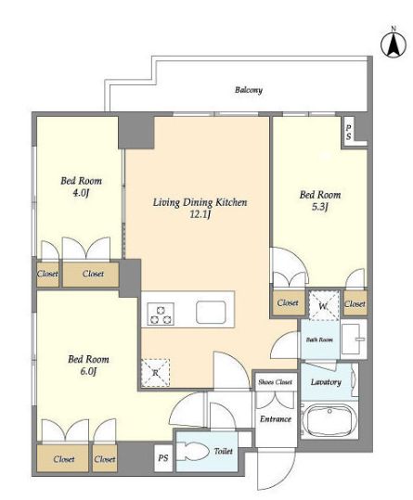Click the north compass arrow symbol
394,44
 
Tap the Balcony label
249,90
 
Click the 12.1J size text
200,214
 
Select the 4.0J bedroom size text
81,193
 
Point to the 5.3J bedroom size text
320,207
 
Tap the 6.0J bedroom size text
88,371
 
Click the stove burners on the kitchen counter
161,314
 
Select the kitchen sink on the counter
211,313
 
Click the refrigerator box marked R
155,373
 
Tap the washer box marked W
323,306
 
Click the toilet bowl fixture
192,451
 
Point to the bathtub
329,420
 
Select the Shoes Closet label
276,382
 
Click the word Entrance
276,419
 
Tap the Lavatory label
326,382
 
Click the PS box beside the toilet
163,458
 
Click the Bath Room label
319,340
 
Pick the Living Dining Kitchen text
200,202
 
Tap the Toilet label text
224,451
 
